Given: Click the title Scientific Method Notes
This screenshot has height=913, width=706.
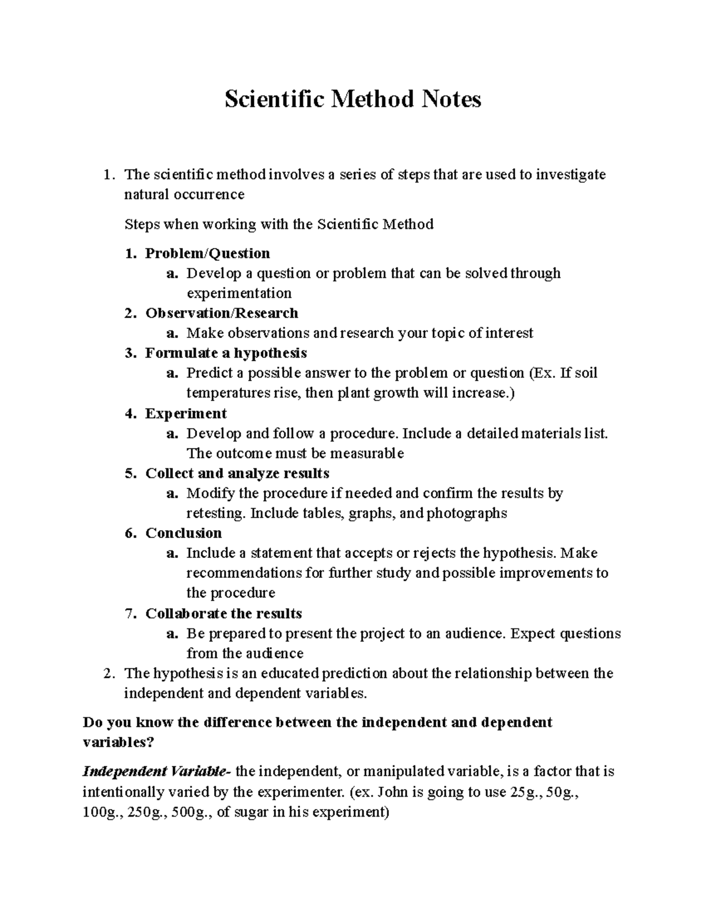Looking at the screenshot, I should [x=352, y=99].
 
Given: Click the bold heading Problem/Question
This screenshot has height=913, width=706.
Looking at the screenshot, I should [x=208, y=253].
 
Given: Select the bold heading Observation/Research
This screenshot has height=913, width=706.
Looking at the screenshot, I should [x=222, y=313].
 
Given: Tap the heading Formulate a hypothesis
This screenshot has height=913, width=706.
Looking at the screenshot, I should [x=226, y=353].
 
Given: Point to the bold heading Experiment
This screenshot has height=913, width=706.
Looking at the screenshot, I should [x=186, y=413].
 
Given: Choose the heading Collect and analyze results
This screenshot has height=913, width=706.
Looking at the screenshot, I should [x=237, y=473].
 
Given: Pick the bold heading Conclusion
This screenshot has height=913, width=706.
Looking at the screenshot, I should [x=184, y=533].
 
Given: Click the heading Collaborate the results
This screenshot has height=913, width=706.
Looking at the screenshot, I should [x=224, y=613].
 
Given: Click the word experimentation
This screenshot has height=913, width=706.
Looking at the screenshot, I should [x=239, y=293].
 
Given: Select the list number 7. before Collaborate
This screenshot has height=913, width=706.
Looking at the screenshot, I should [x=131, y=613].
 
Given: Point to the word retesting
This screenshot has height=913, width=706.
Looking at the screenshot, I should [x=215, y=513].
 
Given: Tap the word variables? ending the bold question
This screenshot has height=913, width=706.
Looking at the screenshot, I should [x=118, y=742].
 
